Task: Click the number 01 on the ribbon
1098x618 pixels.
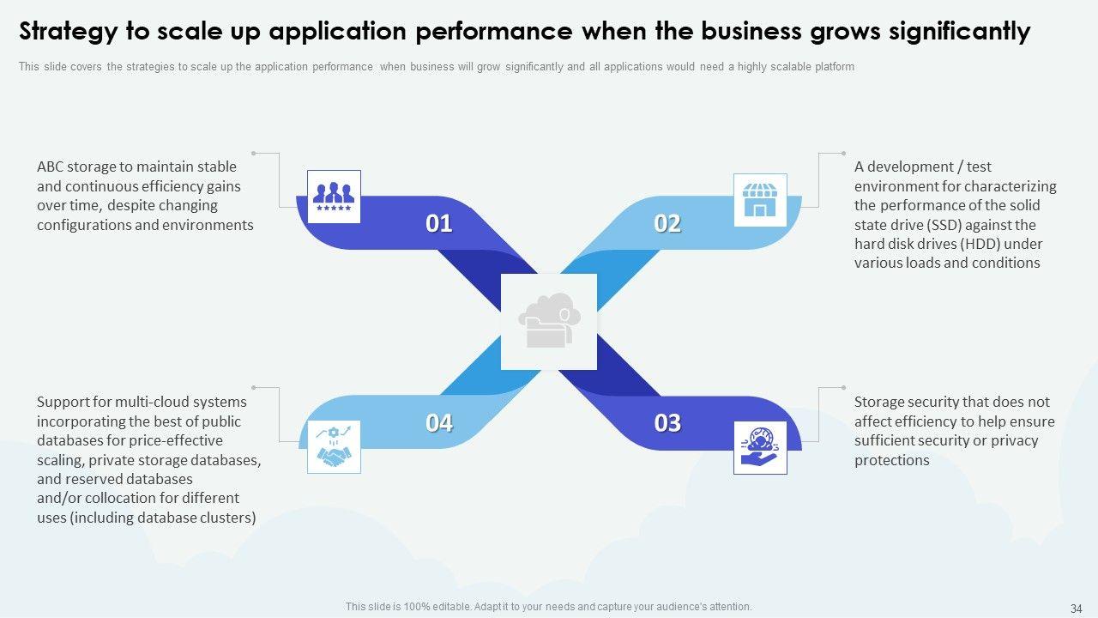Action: tap(439, 224)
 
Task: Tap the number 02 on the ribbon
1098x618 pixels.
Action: tap(667, 224)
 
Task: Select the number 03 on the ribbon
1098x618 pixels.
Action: tap(667, 423)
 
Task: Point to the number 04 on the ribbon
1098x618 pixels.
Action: tap(439, 423)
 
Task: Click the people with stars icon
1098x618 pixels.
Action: tap(334, 197)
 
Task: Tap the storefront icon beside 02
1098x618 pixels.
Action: tap(759, 200)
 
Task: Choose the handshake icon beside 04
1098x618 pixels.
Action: tap(334, 447)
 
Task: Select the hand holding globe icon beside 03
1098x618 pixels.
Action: tap(759, 447)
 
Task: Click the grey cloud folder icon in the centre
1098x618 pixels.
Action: tap(549, 322)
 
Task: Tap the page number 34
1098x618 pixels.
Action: tap(1076, 608)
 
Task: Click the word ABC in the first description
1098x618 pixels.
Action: tap(50, 167)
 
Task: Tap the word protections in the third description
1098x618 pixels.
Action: tap(892, 460)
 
